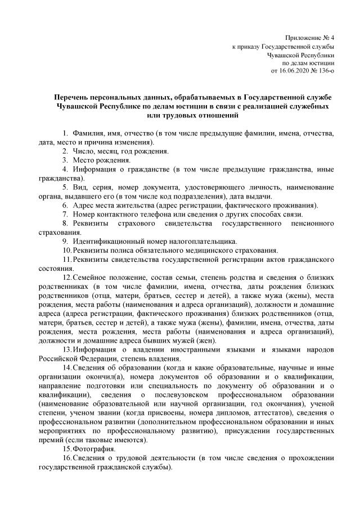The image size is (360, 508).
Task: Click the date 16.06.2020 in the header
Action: pyautogui.click(x=295, y=71)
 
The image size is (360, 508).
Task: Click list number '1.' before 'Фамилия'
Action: pyautogui.click(x=65, y=133)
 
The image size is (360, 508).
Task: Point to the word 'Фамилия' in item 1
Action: pyautogui.click(x=89, y=133)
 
